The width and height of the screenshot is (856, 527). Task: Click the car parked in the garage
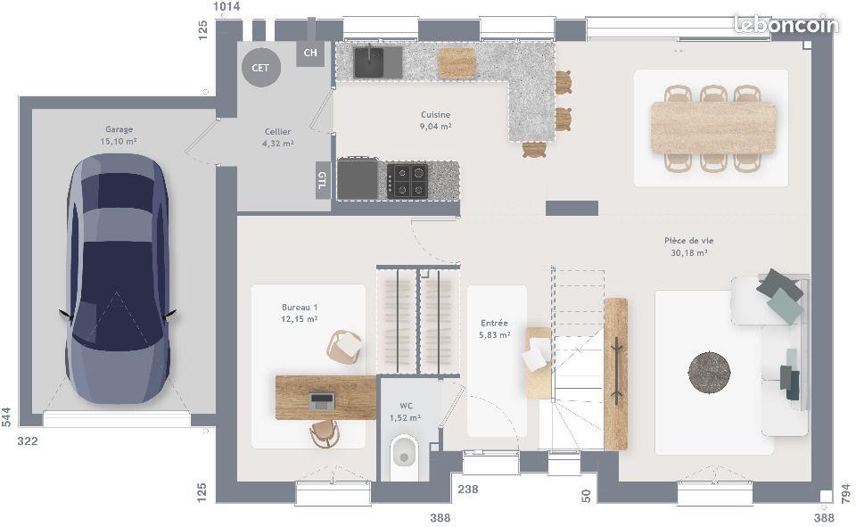(117, 276)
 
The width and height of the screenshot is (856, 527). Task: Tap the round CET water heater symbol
(260, 68)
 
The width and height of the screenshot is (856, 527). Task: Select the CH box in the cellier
(310, 53)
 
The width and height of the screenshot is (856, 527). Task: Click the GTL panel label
(322, 180)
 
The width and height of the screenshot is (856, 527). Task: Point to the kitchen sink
(369, 62)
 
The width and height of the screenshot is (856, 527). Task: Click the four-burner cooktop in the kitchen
(407, 181)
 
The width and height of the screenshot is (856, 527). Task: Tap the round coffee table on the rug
(709, 372)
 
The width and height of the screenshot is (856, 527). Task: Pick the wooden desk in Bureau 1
(325, 398)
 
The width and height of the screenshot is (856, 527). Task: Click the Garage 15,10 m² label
(119, 136)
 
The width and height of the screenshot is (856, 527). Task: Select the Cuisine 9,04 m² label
(436, 120)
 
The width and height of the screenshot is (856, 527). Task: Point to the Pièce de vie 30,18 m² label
(688, 246)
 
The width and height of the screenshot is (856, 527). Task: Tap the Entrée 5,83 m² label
(494, 329)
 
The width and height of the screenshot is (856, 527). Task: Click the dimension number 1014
(226, 7)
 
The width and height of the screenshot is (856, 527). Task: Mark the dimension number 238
(468, 489)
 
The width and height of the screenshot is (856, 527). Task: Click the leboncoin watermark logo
(786, 24)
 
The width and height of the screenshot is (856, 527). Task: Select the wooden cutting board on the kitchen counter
(457, 62)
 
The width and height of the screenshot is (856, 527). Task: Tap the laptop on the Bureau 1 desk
(321, 400)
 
